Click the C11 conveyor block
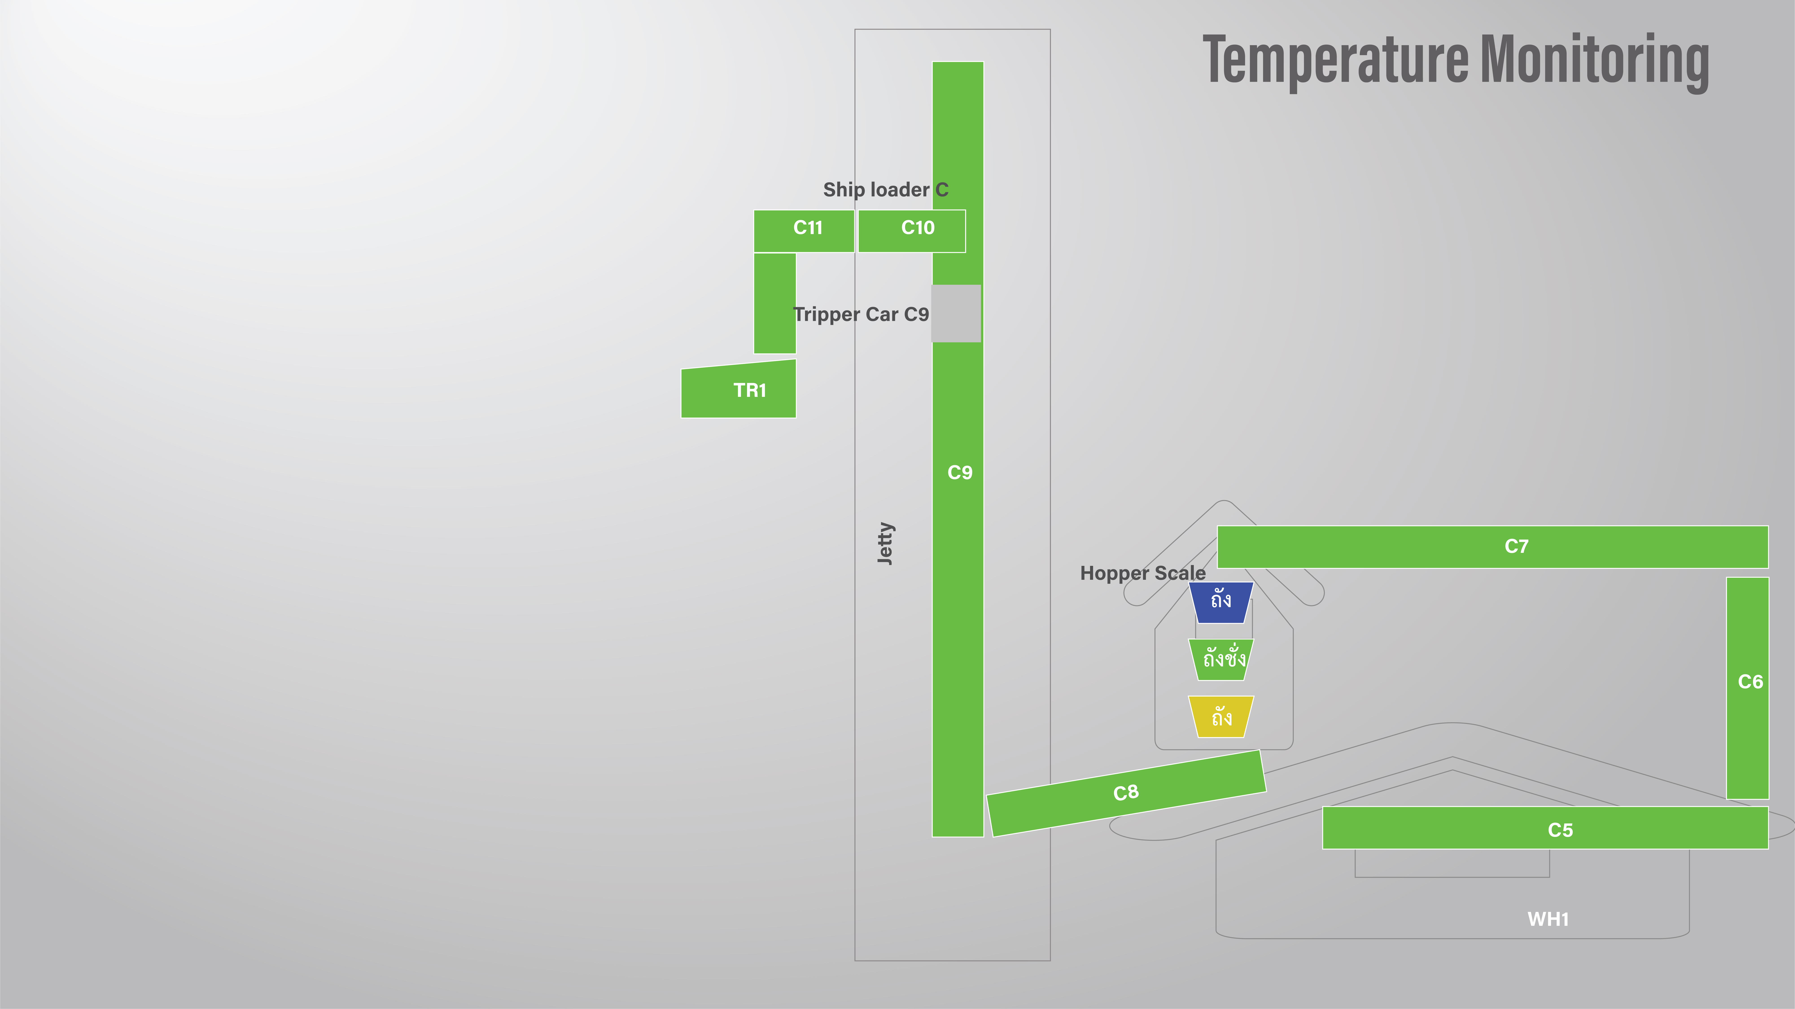tap(803, 231)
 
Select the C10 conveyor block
tap(912, 231)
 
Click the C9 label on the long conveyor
tap(960, 473)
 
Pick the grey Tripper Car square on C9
tap(956, 314)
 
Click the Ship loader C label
tap(886, 190)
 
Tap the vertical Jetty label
tap(885, 543)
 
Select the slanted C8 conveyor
tap(1126, 793)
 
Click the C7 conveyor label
tap(1516, 546)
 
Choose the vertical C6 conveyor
tap(1748, 688)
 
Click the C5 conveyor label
tap(1560, 830)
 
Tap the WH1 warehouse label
tap(1548, 919)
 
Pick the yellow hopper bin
tap(1221, 716)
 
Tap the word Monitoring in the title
tap(1594, 61)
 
